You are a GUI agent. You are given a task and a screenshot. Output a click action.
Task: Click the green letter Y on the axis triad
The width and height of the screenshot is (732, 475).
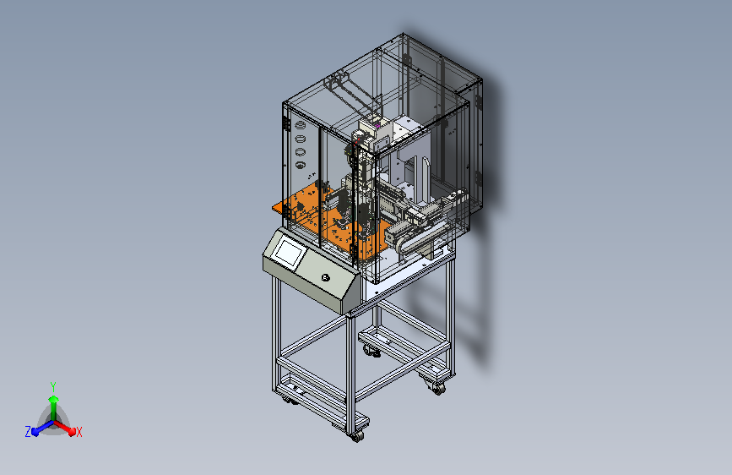tap(53, 386)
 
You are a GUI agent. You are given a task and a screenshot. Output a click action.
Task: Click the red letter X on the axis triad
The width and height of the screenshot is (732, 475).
tap(79, 432)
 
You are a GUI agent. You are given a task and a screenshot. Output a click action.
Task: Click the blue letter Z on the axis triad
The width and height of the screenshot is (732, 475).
tap(28, 432)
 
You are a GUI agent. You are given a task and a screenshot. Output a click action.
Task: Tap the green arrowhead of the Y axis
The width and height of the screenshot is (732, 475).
tap(54, 400)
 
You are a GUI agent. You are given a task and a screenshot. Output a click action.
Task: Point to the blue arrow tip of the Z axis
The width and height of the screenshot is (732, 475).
tap(35, 432)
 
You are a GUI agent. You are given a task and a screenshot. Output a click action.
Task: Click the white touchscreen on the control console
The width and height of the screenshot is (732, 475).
tap(290, 253)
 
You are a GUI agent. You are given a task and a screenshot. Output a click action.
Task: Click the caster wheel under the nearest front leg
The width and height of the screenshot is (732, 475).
tap(357, 437)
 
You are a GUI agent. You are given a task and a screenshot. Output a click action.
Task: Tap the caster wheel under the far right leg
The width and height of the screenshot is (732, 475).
tap(439, 389)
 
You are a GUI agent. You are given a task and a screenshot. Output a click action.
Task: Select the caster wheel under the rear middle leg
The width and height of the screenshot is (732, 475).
tap(372, 351)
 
